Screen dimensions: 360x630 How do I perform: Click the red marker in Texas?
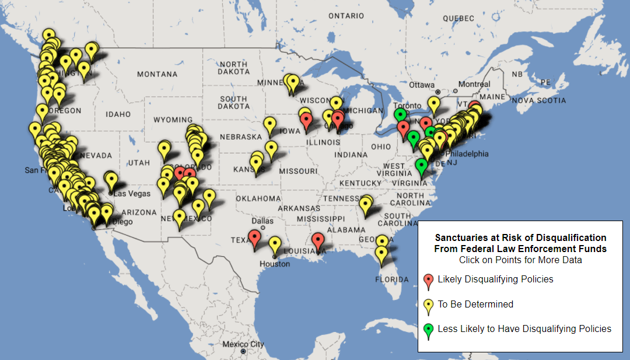(x=254, y=237)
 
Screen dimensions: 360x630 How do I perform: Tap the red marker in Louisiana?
(x=317, y=240)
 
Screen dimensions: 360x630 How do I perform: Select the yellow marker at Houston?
(x=275, y=244)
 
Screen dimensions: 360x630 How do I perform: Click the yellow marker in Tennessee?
(x=366, y=204)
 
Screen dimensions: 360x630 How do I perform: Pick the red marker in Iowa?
(x=307, y=121)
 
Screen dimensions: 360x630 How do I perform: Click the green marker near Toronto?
(x=400, y=115)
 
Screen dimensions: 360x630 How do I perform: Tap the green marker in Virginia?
(x=422, y=166)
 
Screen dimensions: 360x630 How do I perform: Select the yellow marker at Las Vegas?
(x=111, y=180)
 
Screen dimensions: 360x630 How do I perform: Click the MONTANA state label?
(x=157, y=74)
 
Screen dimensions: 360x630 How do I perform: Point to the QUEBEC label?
(x=459, y=18)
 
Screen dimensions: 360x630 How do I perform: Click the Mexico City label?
(x=243, y=344)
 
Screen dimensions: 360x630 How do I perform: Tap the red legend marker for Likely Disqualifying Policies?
(x=429, y=281)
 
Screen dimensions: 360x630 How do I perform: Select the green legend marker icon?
(x=429, y=330)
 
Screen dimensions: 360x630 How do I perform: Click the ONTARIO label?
(x=345, y=16)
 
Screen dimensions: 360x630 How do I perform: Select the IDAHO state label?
(x=118, y=114)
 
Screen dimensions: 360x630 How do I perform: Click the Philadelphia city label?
(x=466, y=154)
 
